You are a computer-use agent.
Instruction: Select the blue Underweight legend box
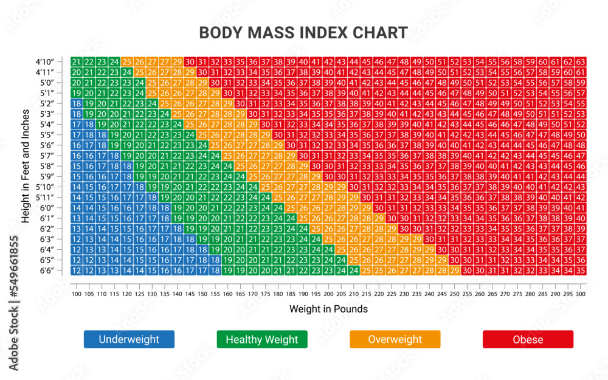[x=129, y=339]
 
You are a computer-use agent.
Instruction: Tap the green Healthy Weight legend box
[x=262, y=339]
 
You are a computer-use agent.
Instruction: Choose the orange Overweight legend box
[x=395, y=339]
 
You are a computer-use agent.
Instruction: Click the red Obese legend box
[x=528, y=339]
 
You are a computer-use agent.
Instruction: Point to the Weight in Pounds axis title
[x=328, y=309]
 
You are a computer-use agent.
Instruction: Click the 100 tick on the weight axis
[x=76, y=294]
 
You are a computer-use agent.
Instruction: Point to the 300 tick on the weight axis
[x=581, y=294]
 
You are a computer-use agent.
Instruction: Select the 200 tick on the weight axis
[x=328, y=294]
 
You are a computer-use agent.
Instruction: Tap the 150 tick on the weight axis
[x=202, y=294]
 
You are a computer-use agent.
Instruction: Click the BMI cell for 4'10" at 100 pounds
[x=76, y=62]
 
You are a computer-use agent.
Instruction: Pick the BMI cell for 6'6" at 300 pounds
[x=581, y=271]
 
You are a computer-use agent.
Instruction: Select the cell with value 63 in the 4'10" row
[x=581, y=62]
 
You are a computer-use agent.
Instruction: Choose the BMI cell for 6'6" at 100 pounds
[x=76, y=271]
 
